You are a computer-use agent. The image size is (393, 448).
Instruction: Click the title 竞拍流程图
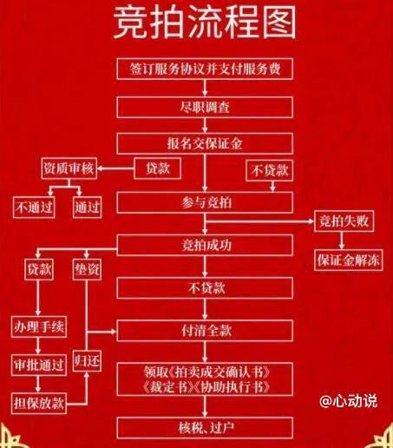[x=205, y=23]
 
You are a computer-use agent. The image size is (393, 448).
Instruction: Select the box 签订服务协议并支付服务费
[x=205, y=69]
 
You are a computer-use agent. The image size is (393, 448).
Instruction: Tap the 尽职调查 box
[x=205, y=108]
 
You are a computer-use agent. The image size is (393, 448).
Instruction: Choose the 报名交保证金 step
[x=205, y=143]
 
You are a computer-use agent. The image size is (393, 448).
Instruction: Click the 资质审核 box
[x=69, y=168]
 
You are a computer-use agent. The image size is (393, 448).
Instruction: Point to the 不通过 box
[x=34, y=208]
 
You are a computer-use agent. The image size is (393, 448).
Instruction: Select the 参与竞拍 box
[x=205, y=202]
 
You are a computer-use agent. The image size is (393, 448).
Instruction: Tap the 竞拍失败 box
[x=344, y=221]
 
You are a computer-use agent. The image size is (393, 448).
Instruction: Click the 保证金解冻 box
[x=348, y=260]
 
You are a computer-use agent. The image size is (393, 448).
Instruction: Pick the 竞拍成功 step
[x=205, y=245]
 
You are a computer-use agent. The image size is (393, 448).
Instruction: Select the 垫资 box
[x=87, y=269]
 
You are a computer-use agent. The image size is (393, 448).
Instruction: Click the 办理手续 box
[x=39, y=327]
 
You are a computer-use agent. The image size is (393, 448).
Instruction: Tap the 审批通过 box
[x=39, y=366]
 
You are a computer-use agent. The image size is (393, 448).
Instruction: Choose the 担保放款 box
[x=39, y=403]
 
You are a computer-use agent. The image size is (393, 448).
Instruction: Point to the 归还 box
[x=87, y=360]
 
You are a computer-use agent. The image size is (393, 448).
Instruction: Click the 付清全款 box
[x=205, y=331]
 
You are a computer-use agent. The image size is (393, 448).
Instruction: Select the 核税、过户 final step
[x=205, y=428]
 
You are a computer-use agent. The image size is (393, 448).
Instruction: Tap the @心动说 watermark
[x=349, y=401]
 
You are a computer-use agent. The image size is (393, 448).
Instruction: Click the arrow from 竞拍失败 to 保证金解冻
[x=342, y=240]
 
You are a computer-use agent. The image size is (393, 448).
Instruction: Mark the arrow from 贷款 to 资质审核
[x=115, y=168]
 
